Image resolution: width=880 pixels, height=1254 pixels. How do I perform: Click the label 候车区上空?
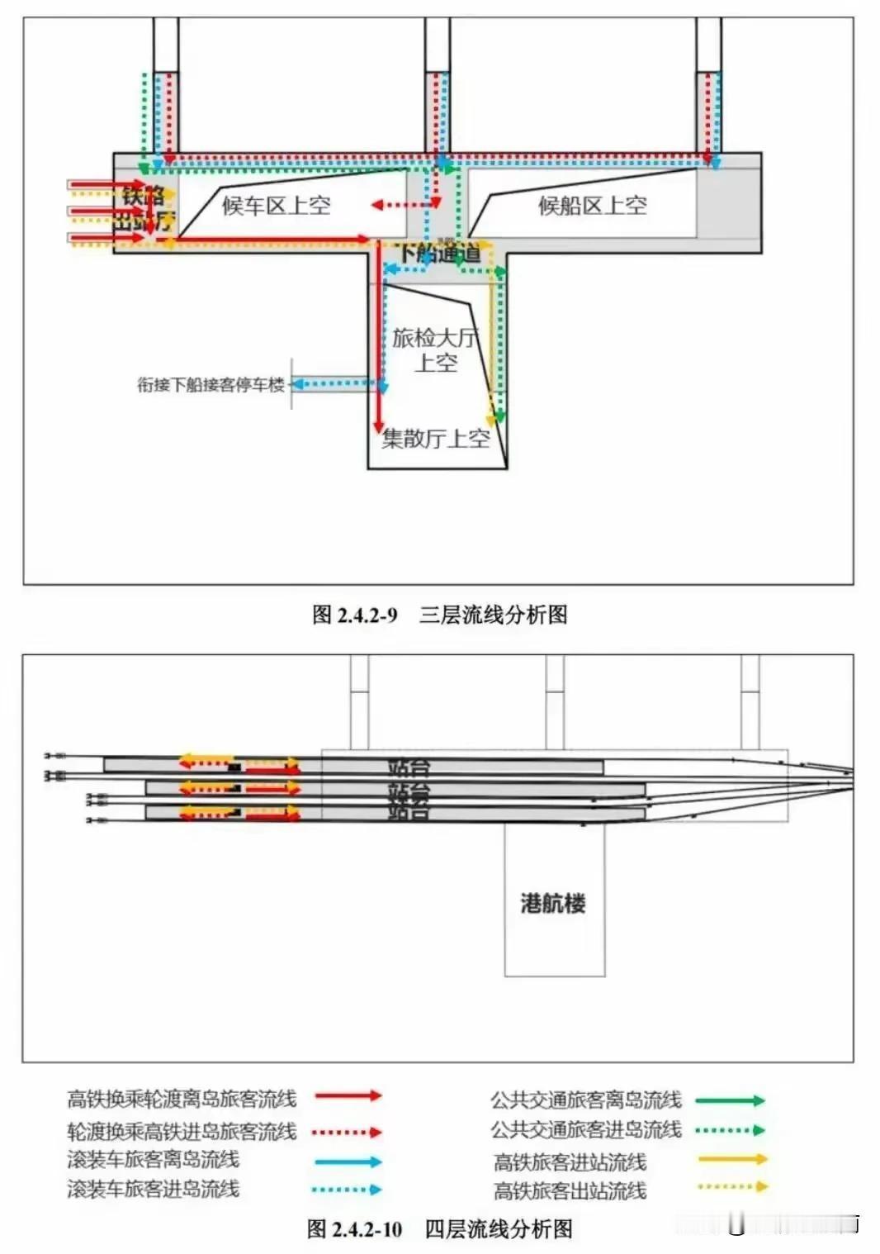tap(276, 205)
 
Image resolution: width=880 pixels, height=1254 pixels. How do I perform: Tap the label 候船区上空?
tap(592, 205)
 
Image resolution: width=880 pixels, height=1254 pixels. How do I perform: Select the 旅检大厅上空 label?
tap(434, 349)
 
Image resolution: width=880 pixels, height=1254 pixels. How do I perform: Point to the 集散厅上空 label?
tap(435, 439)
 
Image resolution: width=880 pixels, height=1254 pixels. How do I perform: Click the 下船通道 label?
tap(439, 254)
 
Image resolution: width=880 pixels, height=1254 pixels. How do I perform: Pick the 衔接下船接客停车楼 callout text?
tap(211, 384)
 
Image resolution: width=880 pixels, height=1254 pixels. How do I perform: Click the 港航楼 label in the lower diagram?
tap(553, 903)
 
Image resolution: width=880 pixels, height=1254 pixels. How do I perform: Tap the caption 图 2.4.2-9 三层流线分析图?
tap(439, 615)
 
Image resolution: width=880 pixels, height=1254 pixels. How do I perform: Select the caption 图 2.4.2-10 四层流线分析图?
tap(439, 1228)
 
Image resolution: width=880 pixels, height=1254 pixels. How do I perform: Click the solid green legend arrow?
tap(730, 1100)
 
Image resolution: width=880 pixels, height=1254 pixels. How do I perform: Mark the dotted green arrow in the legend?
tap(730, 1129)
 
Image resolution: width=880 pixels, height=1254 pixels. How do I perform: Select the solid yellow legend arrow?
tap(731, 1160)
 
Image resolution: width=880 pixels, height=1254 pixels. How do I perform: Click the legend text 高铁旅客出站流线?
tap(570, 1190)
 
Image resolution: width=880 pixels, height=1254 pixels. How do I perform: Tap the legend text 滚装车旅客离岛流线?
tap(153, 1160)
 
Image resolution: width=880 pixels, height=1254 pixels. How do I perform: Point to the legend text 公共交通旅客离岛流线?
tap(586, 1100)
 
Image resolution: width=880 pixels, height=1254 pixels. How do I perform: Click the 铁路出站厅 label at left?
tap(144, 209)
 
